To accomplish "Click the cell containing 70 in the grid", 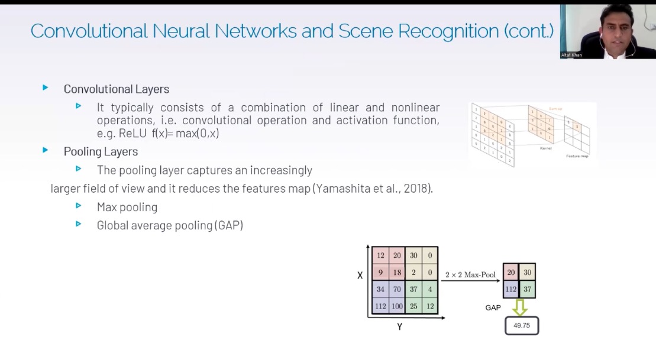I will pos(398,290).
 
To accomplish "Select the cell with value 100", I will pos(398,306).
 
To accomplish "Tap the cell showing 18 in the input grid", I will pos(398,273).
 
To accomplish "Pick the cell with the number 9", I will pos(380,273).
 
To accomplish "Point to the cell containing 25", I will pos(414,306).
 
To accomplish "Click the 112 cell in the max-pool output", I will pos(511,289).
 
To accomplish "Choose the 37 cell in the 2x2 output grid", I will pos(528,289).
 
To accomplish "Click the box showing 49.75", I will pos(521,325).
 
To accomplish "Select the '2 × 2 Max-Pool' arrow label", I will pos(470,275).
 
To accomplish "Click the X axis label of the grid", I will pos(360,275).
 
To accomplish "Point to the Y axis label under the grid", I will pos(399,326).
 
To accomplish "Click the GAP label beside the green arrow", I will pos(493,308).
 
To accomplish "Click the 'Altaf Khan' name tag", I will pos(571,55).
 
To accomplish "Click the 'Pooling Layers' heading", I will pos(101,151).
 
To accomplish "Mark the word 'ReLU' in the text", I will pos(133,133).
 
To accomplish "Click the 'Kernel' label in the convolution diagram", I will pos(545,149).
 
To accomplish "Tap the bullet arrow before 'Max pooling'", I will pos(78,206).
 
